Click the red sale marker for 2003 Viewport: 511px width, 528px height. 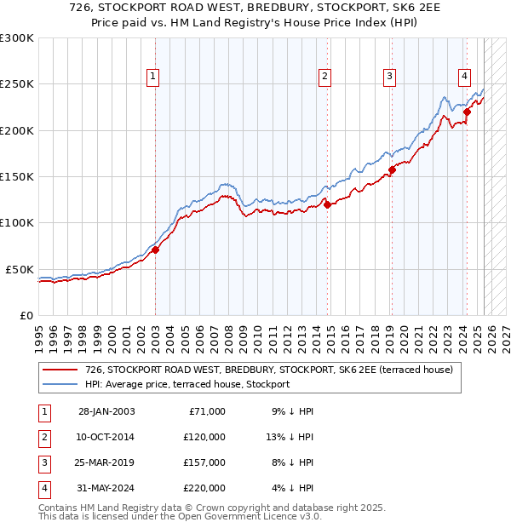[156, 250]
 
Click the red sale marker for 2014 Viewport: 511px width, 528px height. [327, 204]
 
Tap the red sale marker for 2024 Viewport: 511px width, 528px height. [468, 112]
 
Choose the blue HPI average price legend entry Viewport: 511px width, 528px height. [187, 384]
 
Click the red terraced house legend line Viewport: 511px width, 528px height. [60, 370]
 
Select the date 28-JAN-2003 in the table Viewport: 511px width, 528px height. [106, 411]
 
